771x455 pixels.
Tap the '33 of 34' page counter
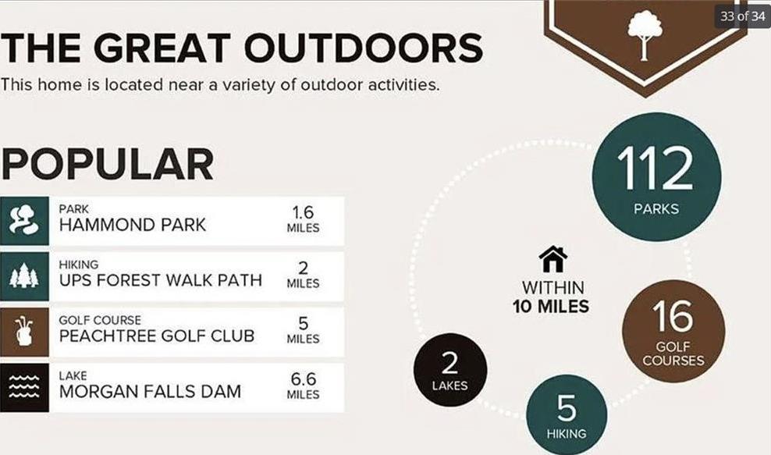tap(742, 16)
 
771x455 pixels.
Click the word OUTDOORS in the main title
tap(364, 48)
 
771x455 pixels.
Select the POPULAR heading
tap(107, 164)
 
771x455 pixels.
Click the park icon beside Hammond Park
tap(24, 221)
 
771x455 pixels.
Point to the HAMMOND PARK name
tap(132, 225)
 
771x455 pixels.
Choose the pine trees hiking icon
tap(24, 276)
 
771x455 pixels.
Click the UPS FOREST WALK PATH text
tap(160, 280)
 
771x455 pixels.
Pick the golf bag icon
tap(24, 332)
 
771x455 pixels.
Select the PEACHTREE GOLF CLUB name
tap(157, 336)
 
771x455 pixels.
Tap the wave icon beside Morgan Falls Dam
tap(24, 388)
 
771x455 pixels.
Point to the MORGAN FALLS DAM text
tap(150, 392)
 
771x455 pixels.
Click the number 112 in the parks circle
tap(656, 169)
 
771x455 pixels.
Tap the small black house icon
tap(553, 259)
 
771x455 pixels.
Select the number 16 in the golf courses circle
tap(673, 316)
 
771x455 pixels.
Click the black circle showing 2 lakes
tap(450, 369)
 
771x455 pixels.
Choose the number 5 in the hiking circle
tap(567, 408)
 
